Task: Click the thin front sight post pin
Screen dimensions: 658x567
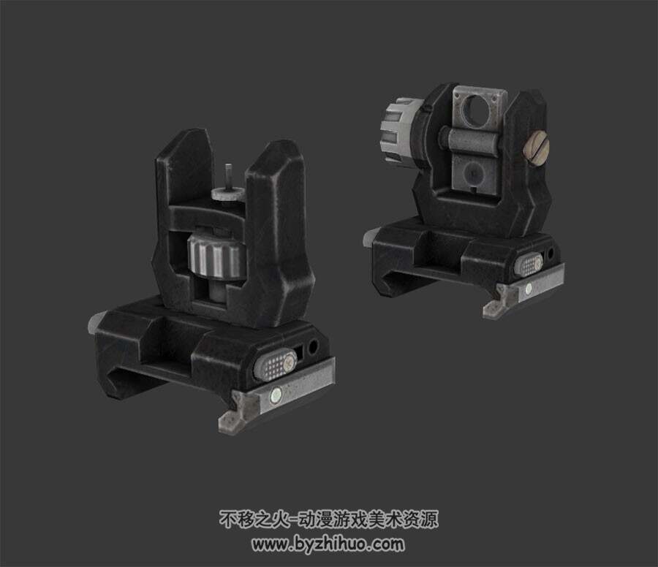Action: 228,177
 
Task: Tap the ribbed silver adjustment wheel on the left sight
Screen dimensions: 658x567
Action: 216,256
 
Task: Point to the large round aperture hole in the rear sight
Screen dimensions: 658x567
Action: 477,108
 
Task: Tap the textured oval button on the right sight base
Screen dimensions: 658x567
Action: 531,264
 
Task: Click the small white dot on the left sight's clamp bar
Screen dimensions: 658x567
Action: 276,393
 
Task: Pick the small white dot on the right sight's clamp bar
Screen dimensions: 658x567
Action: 529,288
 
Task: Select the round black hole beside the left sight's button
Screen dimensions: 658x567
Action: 313,346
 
